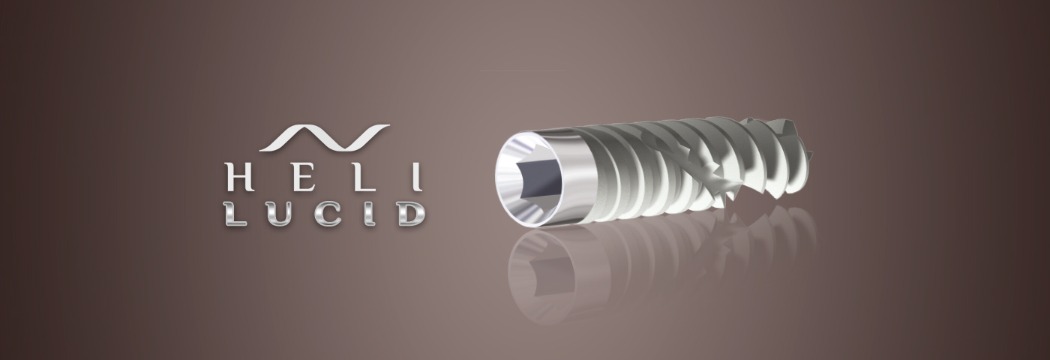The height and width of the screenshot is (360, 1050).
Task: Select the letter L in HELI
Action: tap(364, 176)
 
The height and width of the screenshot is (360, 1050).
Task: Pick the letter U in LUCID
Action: tap(278, 214)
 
